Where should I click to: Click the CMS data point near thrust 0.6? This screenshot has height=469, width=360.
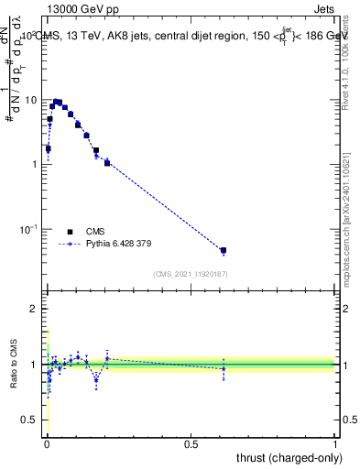pos(223,250)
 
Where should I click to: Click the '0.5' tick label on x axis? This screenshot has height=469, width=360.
pos(191,444)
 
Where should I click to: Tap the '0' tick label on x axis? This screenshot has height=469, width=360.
pos(48,444)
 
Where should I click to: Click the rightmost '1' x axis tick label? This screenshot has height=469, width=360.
pos(335,444)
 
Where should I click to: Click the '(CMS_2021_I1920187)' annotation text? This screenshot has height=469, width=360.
pos(191,273)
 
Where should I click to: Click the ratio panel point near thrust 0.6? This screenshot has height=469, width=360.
pos(223,368)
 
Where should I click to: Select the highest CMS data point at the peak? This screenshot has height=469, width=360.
pos(57,102)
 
